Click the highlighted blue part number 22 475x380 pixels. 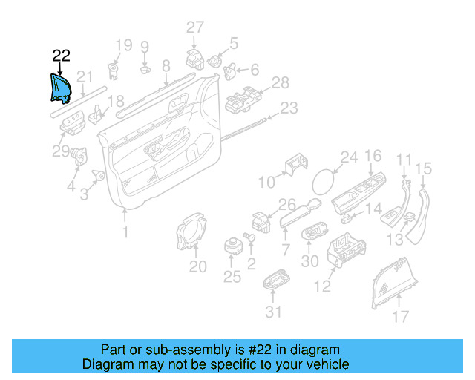pos(60,88)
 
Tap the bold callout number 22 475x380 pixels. pos(61,56)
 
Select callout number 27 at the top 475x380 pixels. pos(195,27)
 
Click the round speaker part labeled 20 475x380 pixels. pos(191,232)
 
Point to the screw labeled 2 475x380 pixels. pos(249,236)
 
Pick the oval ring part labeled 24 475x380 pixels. pos(324,182)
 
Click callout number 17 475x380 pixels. pos(401,317)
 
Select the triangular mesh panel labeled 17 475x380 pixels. pos(393,283)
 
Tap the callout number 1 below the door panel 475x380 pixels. pos(125,232)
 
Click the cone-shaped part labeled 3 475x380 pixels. pos(99,175)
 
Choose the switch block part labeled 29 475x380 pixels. pos(72,122)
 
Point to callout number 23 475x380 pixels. pos(289,108)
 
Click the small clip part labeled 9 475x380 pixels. pos(145,70)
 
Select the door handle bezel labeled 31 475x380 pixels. pos(276,279)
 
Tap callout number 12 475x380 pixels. pos(322,286)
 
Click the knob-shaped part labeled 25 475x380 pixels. pos(233,246)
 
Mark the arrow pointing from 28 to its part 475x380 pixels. pos(264,90)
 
